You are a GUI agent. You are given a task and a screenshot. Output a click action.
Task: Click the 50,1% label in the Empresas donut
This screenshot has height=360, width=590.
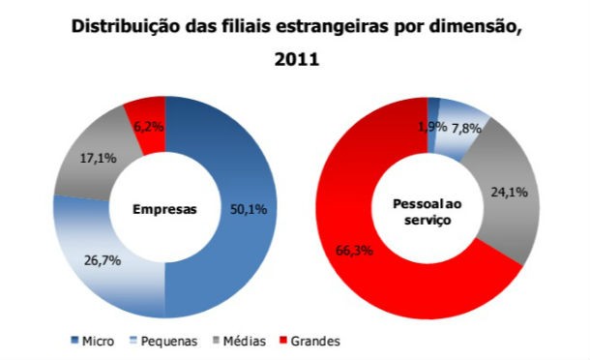tap(246, 208)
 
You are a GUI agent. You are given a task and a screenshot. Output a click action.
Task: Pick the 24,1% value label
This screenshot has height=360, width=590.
tap(509, 193)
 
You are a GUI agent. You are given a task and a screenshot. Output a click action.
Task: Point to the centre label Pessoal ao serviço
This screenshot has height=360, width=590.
tap(427, 214)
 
